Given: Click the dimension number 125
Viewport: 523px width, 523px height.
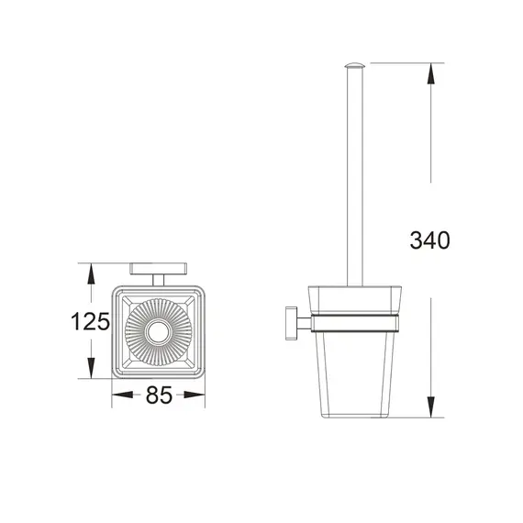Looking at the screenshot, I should click(91, 322).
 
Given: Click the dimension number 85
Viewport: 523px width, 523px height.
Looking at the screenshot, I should click(159, 397).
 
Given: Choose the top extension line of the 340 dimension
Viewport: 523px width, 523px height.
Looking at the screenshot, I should click(404, 63).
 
